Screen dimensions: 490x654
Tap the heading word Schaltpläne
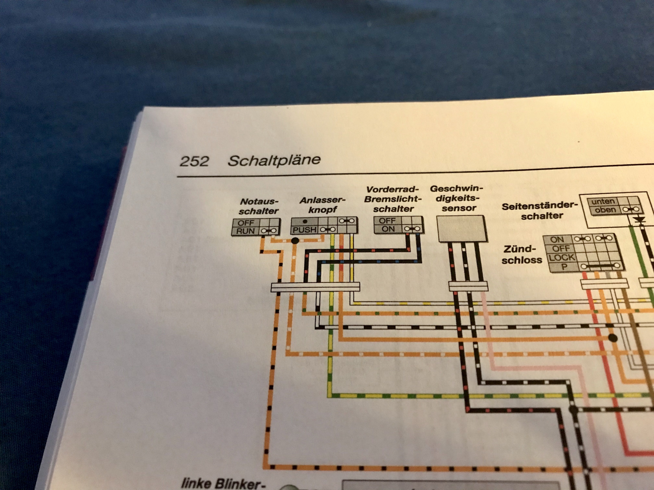274,160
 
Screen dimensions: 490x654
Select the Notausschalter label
259,206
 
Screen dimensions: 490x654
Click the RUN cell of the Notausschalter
245,231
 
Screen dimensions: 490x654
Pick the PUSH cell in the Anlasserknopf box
305,229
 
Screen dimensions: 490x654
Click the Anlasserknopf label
323,205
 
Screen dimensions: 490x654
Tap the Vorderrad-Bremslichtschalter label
393,199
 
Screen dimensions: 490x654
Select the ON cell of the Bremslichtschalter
388,229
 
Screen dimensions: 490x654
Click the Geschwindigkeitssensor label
457,198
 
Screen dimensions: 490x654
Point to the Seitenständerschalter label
539,210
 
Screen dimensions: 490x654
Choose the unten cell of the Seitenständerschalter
603,202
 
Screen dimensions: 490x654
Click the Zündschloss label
522,254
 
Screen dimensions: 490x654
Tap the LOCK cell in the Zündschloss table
562,257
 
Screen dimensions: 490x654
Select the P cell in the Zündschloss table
564,267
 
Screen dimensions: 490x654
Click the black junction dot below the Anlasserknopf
295,241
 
